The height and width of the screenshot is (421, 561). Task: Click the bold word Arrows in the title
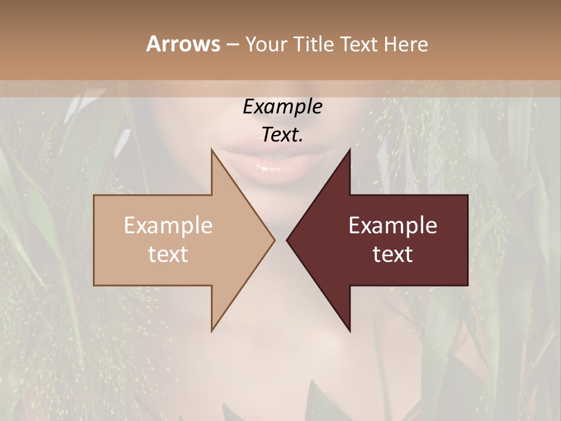tap(183, 44)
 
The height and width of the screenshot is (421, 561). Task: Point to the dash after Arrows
tap(232, 44)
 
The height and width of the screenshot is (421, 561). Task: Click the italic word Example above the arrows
tap(282, 107)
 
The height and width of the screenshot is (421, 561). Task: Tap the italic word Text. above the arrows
tap(282, 134)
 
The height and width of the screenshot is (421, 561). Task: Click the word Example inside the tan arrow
tap(168, 226)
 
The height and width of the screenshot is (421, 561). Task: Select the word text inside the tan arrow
tap(168, 254)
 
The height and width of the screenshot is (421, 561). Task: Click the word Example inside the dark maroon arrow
tap(393, 226)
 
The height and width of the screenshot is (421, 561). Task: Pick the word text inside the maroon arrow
tap(393, 254)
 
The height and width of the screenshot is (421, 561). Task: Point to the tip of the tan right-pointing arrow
tap(274, 240)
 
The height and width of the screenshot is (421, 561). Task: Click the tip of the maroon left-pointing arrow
tap(287, 240)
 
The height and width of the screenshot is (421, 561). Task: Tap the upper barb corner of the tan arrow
tap(212, 150)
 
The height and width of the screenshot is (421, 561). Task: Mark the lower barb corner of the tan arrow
tap(212, 330)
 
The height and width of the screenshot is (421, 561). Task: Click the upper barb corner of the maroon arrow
tap(349, 150)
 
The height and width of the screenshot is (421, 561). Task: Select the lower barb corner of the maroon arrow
tap(349, 330)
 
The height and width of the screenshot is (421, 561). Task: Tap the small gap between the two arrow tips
tap(280, 240)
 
